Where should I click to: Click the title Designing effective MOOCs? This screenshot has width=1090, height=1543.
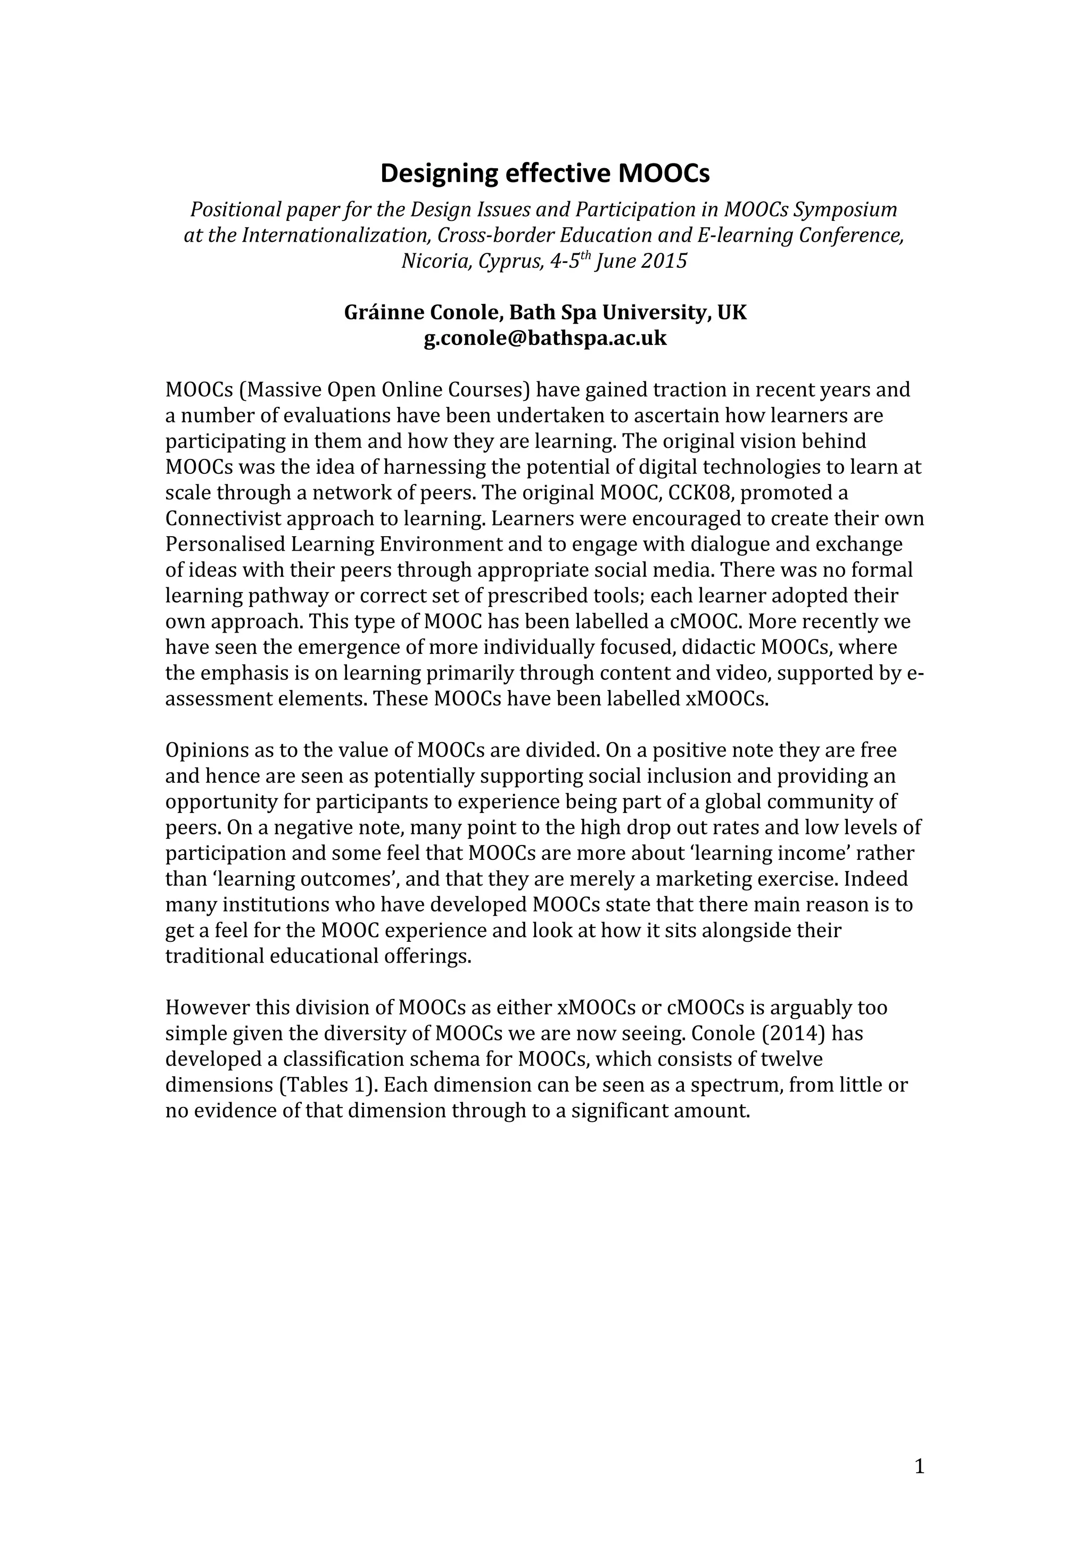click(x=544, y=174)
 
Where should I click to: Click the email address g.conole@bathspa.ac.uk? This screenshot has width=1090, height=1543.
click(x=544, y=338)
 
